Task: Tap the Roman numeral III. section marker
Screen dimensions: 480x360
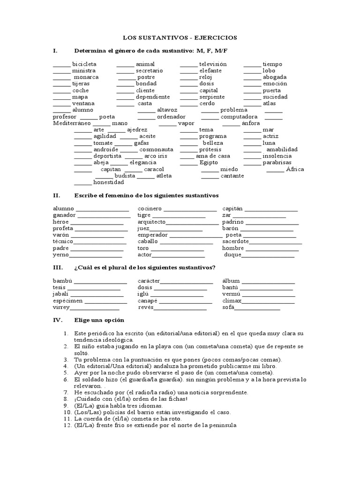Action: click(x=57, y=267)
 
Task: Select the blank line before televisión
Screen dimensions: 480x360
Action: click(x=188, y=64)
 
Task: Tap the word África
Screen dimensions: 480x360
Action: click(x=295, y=169)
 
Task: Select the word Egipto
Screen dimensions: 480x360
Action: click(x=209, y=162)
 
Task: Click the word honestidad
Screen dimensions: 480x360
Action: click(x=109, y=182)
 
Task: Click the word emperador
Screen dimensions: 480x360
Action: click(x=153, y=235)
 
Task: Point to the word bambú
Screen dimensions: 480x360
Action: click(x=62, y=281)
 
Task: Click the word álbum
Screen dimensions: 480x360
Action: click(x=232, y=281)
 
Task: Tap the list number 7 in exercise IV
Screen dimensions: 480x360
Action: click(x=66, y=392)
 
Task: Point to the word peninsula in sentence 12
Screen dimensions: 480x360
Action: click(x=222, y=426)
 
